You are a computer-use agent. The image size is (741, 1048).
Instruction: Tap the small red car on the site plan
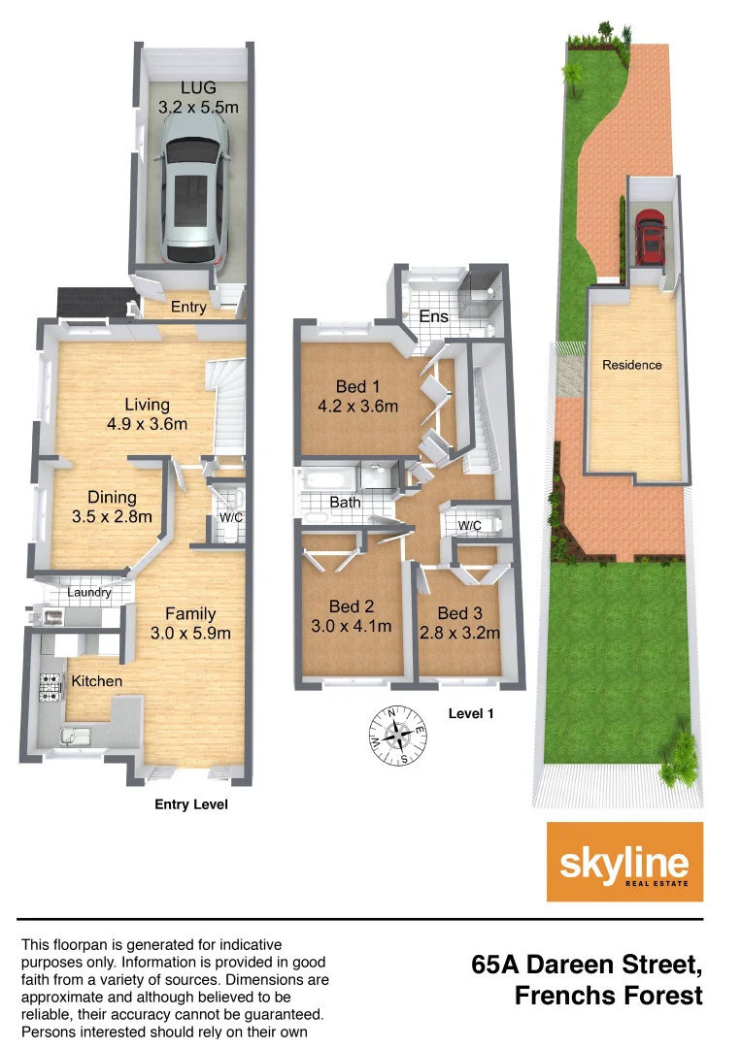(650, 239)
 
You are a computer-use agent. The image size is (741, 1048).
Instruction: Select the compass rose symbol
(398, 735)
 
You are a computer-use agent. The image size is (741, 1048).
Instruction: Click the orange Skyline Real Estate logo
(624, 862)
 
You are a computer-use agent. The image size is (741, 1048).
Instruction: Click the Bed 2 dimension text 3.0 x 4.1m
(351, 626)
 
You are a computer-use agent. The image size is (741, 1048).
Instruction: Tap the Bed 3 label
(459, 613)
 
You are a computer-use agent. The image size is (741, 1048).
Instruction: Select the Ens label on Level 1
(433, 317)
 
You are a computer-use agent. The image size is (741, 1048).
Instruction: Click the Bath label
(345, 503)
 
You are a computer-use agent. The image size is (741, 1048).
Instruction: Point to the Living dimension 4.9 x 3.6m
(148, 424)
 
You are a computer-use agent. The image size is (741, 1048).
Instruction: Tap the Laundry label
(89, 593)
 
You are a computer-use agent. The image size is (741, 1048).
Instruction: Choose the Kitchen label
(97, 681)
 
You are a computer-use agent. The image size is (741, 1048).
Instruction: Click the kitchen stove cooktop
(49, 686)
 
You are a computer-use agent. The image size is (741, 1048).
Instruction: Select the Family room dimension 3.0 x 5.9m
(190, 634)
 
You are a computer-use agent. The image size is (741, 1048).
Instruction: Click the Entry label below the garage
(188, 307)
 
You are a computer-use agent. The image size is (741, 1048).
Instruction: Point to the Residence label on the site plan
(632, 365)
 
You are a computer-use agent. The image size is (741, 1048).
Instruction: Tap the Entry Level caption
(192, 804)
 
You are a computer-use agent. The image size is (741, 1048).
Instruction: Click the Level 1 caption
(472, 713)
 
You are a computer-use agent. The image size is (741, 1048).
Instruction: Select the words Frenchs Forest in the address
(609, 996)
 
